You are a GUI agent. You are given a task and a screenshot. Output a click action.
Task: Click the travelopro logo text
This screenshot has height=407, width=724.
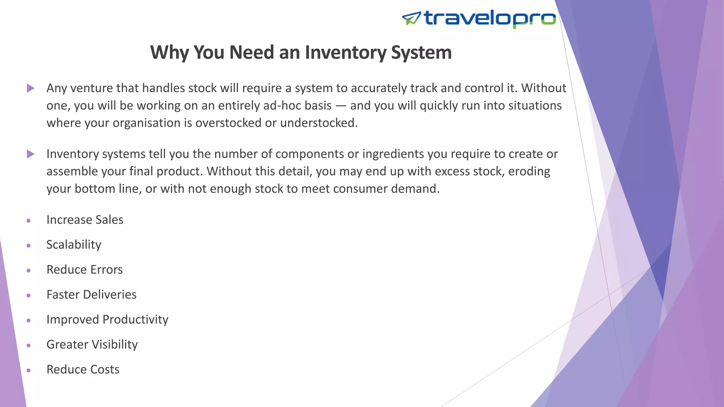point(490,18)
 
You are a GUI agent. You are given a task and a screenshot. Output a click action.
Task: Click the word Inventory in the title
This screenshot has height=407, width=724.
point(346,53)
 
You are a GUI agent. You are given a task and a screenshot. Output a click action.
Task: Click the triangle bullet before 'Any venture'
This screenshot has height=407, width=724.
point(31,88)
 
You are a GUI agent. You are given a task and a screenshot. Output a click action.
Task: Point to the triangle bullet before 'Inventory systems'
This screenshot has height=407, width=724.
point(31,154)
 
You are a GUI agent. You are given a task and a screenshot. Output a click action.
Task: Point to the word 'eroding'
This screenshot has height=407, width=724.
point(529,171)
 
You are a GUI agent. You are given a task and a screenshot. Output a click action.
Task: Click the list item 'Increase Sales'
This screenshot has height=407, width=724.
point(85,220)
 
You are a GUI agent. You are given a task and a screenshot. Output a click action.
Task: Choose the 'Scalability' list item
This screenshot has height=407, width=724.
point(74,244)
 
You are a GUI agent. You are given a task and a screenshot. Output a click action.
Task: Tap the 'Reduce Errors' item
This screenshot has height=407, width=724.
point(84,270)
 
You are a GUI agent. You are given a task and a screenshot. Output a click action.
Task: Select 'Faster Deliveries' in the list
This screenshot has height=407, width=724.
point(91,295)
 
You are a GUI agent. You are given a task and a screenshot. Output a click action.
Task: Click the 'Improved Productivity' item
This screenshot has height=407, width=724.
point(107,319)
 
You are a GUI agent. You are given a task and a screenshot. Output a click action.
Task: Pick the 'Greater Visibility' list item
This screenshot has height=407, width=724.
point(92,344)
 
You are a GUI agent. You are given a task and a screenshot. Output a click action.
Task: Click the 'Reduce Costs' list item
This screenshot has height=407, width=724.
point(83,370)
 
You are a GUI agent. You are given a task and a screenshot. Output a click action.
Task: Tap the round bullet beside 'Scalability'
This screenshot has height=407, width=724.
point(29,246)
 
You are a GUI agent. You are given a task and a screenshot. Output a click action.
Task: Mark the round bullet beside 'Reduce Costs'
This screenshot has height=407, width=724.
point(29,370)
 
